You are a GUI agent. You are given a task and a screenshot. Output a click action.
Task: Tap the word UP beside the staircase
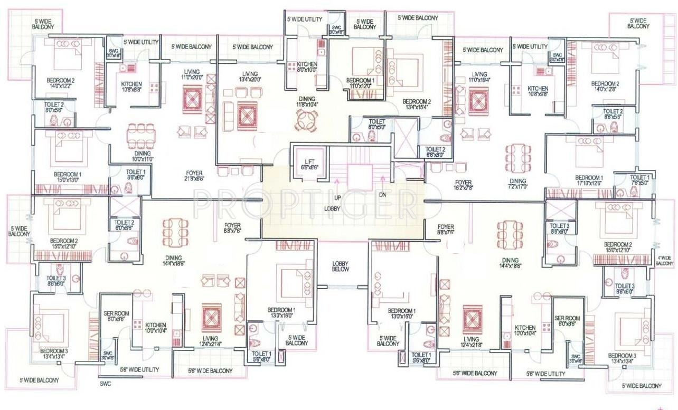337,197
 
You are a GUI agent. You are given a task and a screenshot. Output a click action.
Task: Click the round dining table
306,123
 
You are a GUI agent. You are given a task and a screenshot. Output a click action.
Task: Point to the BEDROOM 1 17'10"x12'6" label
589,180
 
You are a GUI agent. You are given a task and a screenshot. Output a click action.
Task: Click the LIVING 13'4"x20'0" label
247,77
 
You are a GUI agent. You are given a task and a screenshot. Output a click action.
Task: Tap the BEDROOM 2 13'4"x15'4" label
417,104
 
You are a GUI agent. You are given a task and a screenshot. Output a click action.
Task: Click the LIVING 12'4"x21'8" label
471,342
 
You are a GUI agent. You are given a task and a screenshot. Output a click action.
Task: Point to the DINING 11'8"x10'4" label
306,102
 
